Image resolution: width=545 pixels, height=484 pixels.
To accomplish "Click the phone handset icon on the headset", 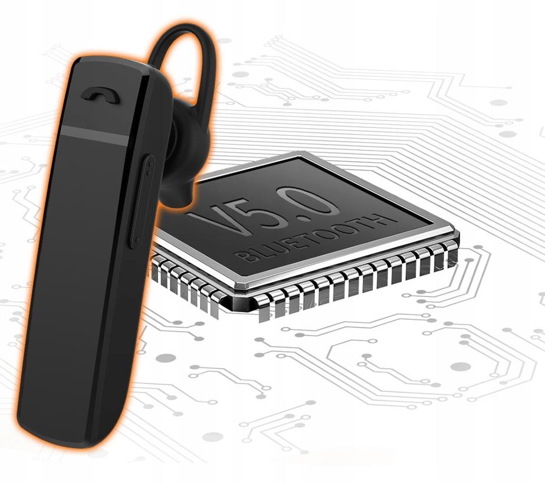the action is pos(100,95).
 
